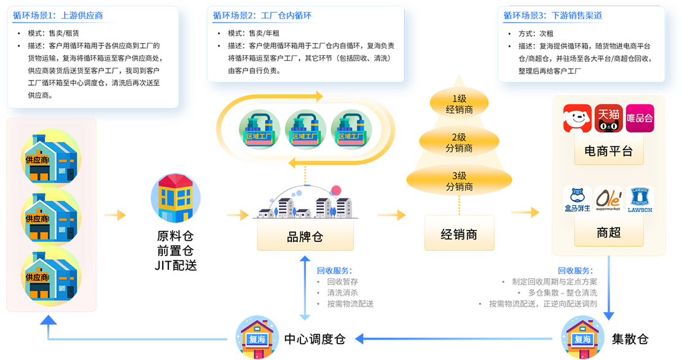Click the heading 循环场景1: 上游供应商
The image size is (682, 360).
(55, 17)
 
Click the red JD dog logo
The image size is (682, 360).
(577, 118)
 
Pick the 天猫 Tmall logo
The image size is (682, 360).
(608, 118)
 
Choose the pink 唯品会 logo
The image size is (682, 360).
(639, 118)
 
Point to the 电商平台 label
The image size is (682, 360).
(608, 151)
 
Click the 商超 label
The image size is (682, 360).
(608, 234)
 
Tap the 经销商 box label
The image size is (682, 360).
(458, 234)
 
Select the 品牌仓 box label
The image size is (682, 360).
(304, 237)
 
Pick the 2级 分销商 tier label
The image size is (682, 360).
(458, 143)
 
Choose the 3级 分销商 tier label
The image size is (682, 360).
(458, 181)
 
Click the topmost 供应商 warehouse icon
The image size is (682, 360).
(50, 158)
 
